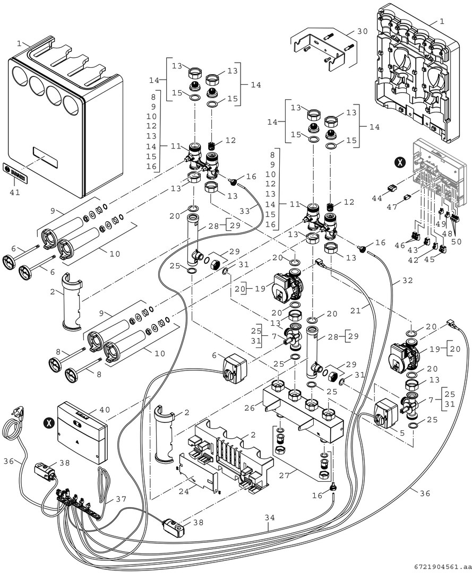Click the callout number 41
pos(14,192)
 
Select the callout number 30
pos(362,31)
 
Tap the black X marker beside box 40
pos(49,423)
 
